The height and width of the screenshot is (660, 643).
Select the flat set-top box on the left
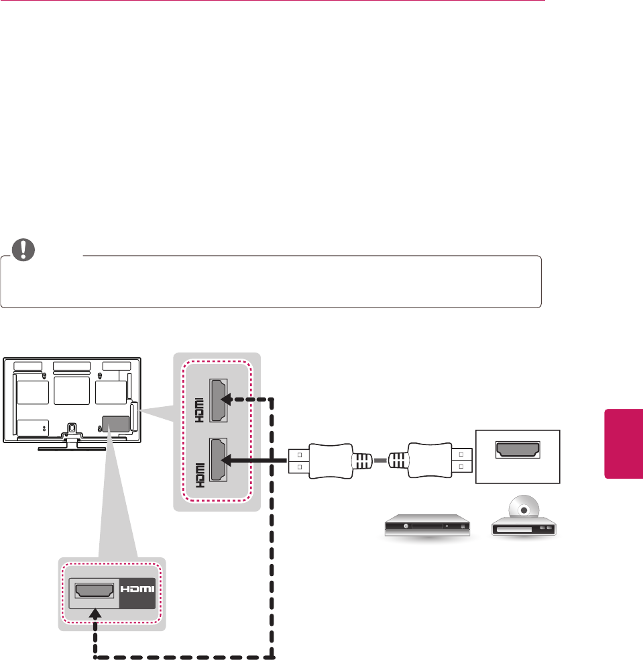422,527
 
